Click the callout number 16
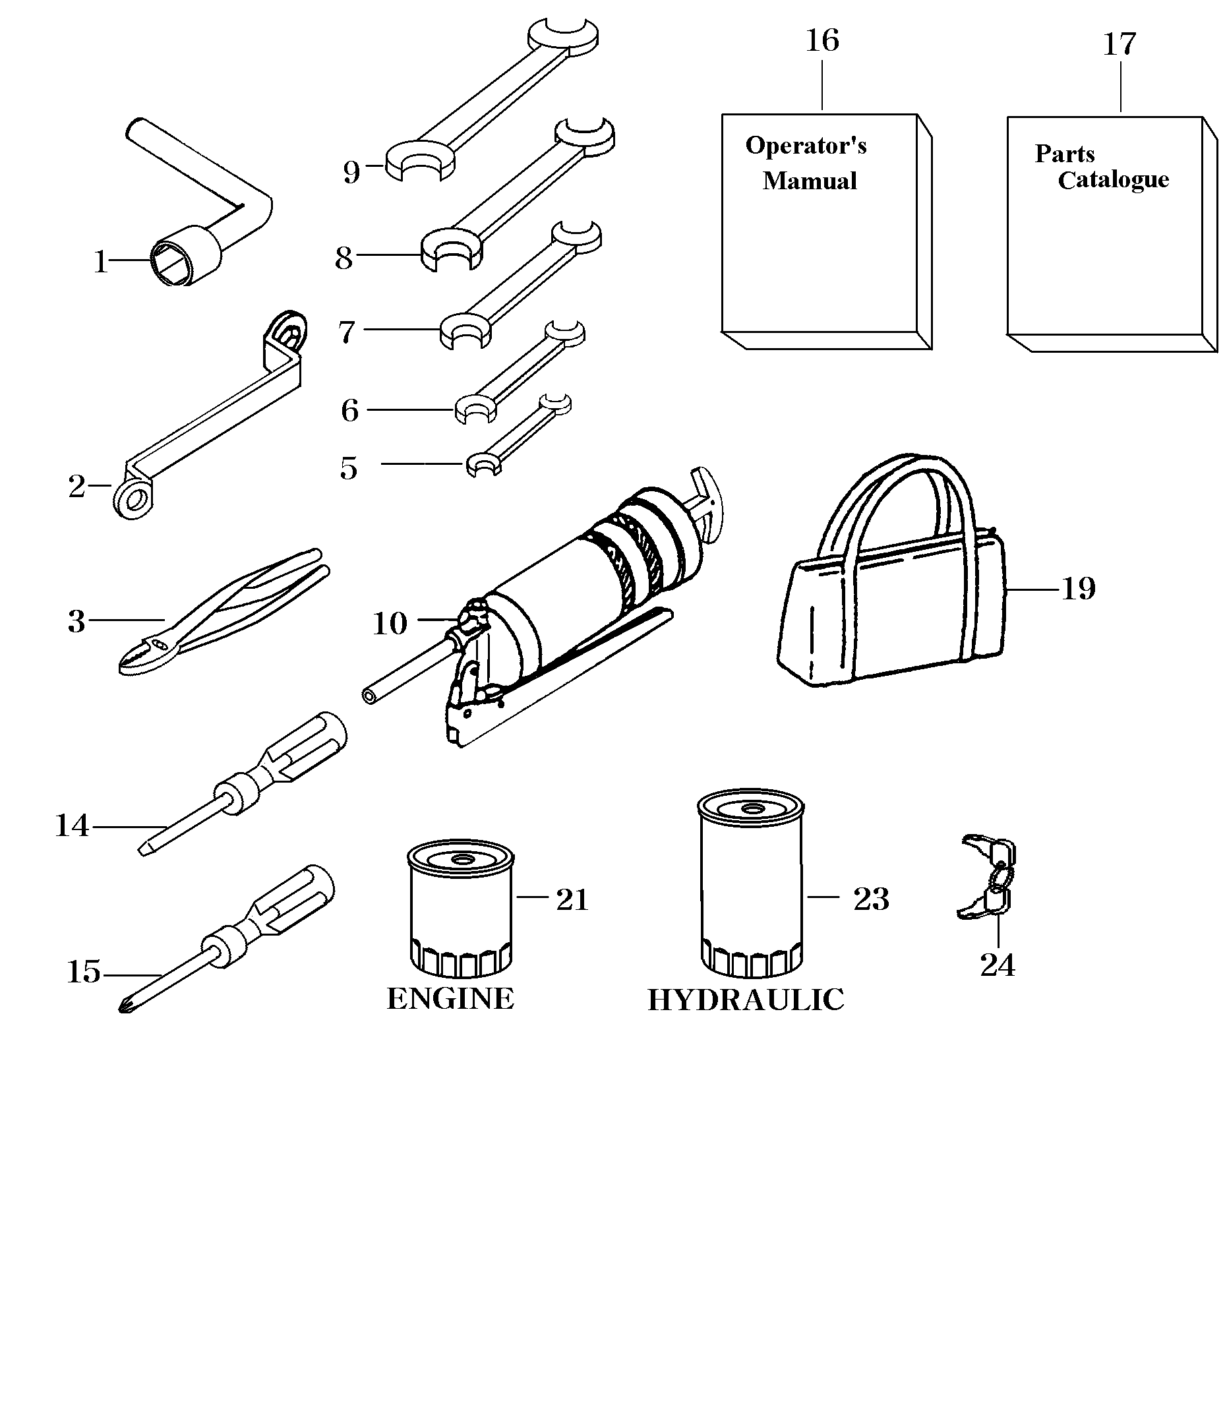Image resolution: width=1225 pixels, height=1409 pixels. pyautogui.click(x=822, y=41)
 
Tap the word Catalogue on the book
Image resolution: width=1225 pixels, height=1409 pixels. pyautogui.click(x=1113, y=180)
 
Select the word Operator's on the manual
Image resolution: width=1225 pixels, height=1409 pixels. pyautogui.click(x=806, y=146)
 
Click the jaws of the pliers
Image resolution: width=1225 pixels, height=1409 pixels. pyautogui.click(x=140, y=654)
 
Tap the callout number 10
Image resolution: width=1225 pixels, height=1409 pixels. pyautogui.click(x=390, y=624)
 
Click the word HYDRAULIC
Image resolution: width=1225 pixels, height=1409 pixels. pyautogui.click(x=745, y=1000)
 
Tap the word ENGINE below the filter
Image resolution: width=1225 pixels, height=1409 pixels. pyautogui.click(x=450, y=999)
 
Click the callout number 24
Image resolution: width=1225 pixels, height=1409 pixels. pyautogui.click(x=998, y=965)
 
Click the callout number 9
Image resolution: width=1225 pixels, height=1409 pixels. pyautogui.click(x=351, y=172)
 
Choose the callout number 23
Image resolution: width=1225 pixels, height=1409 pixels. pyautogui.click(x=871, y=899)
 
